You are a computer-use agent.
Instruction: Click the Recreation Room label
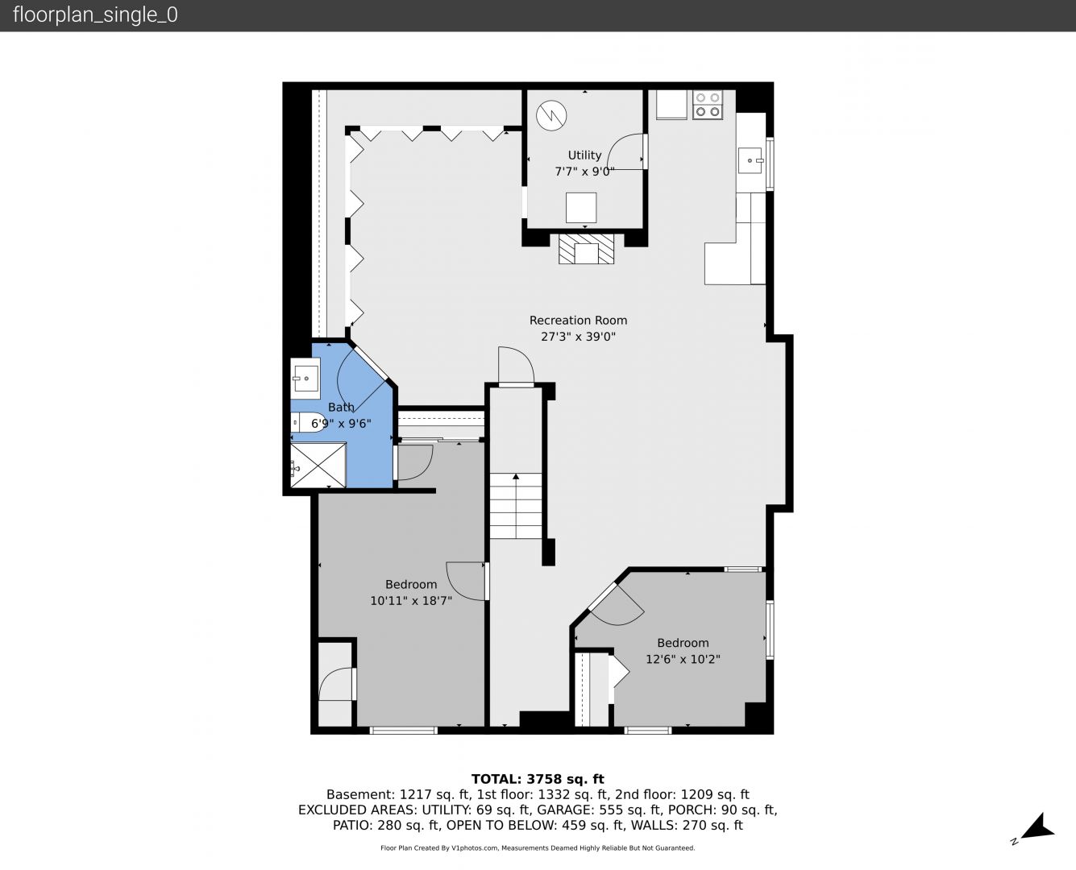tap(578, 320)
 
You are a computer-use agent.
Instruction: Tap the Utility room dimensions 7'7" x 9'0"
tap(584, 172)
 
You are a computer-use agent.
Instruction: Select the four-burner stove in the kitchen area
tap(708, 105)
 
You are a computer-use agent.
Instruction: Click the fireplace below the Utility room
tap(586, 248)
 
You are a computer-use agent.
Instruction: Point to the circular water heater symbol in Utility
tap(551, 116)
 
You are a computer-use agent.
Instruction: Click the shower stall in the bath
tap(318, 465)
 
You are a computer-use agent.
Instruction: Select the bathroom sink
tap(305, 375)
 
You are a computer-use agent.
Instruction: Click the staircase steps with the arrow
tap(516, 505)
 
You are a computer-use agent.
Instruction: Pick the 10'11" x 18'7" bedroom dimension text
tap(411, 601)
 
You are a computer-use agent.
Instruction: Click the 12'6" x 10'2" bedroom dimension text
tap(683, 660)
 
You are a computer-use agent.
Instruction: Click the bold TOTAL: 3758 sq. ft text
tap(538, 779)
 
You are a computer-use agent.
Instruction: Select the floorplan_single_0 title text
tap(95, 15)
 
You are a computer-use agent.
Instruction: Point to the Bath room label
tap(341, 407)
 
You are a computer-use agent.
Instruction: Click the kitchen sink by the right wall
tap(750, 160)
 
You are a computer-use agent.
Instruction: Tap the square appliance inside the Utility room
tap(581, 208)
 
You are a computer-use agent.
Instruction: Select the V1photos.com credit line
tap(538, 847)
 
